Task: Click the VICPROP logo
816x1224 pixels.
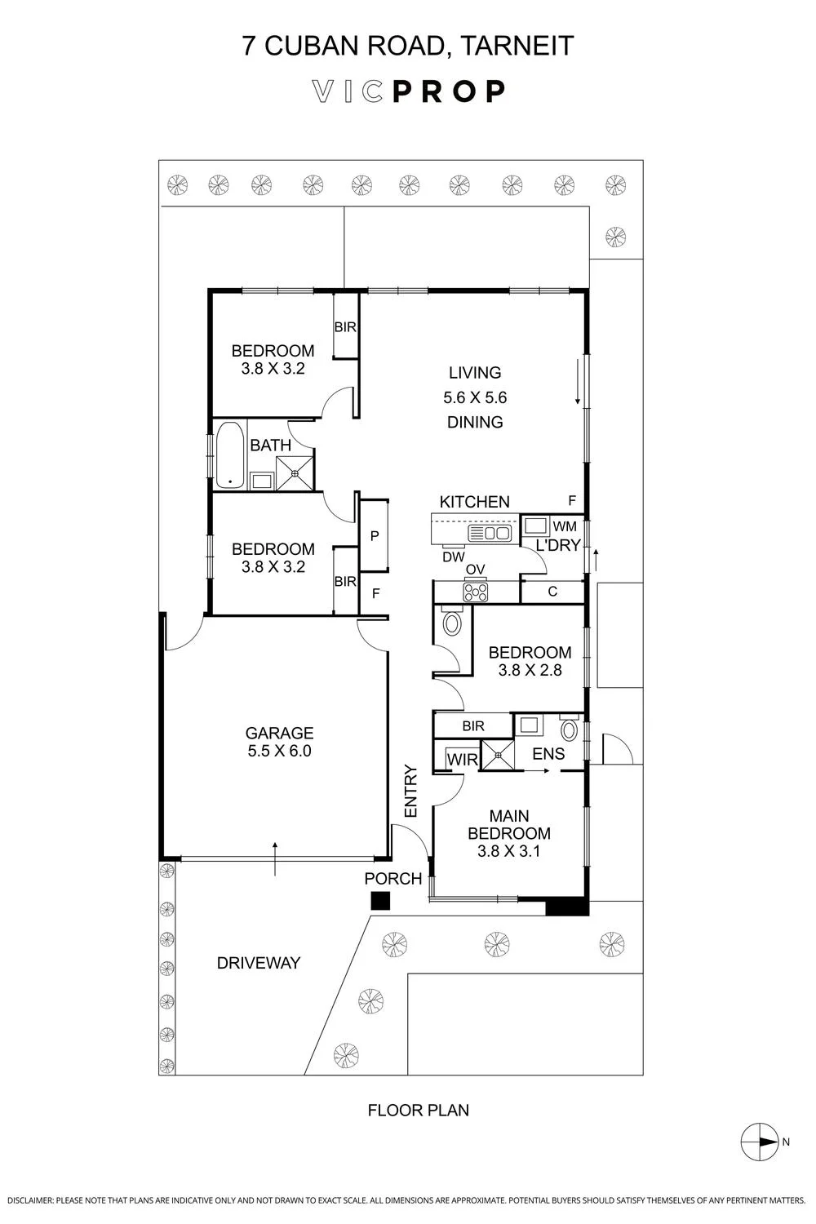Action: [408, 91]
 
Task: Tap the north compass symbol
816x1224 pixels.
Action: [759, 1142]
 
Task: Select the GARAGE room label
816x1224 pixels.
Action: [279, 732]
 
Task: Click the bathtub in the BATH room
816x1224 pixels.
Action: [230, 455]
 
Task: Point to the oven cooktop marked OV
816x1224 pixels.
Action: [476, 592]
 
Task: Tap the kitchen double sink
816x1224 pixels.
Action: [490, 534]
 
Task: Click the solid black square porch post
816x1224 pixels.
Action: [380, 901]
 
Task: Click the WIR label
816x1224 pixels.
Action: [463, 759]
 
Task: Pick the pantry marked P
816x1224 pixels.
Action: [375, 535]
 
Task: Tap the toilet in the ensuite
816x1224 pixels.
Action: [570, 729]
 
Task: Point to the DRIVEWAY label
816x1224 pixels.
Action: [259, 962]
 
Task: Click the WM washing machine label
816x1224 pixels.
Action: [565, 526]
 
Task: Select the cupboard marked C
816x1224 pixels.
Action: [552, 592]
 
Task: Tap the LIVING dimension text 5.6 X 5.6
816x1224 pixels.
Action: [475, 397]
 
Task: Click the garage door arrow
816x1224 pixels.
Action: [275, 858]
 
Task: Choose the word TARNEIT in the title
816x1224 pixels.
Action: [517, 46]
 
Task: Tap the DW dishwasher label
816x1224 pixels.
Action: [454, 557]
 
